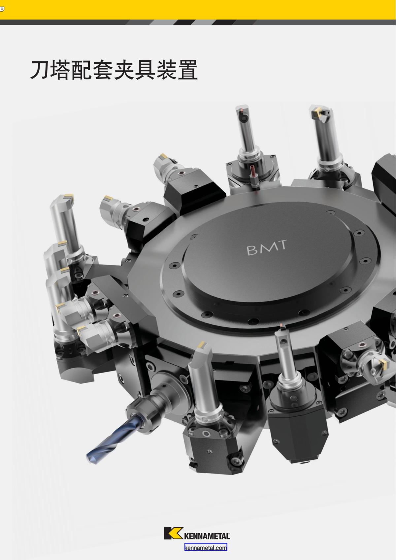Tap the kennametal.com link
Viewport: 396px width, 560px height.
(x=206, y=548)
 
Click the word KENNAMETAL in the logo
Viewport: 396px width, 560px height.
(x=207, y=536)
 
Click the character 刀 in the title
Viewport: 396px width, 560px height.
(x=40, y=70)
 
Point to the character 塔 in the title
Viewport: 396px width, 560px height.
(x=61, y=70)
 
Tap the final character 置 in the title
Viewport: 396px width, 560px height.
(x=187, y=70)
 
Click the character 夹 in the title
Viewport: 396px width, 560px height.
(x=124, y=70)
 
